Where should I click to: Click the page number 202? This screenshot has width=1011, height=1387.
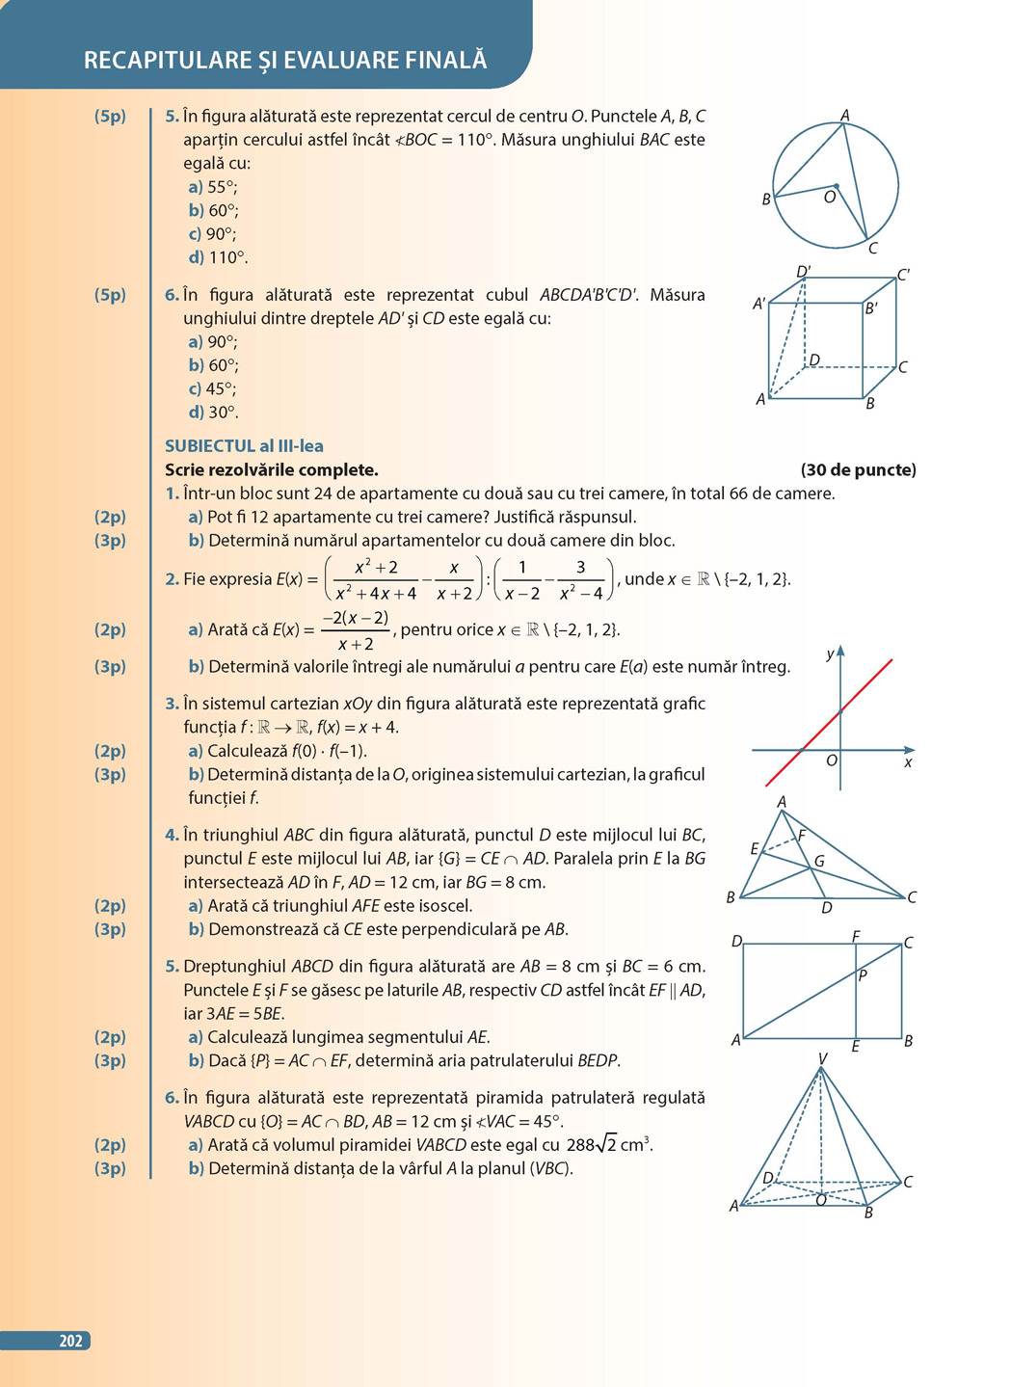(70, 1341)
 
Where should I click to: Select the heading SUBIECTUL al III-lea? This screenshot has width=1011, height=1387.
(244, 446)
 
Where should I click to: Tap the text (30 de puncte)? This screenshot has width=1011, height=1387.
(858, 470)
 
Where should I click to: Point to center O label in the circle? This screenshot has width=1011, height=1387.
(829, 198)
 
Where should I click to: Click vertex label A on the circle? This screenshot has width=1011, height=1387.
(845, 116)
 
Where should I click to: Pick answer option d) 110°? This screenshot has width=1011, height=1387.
(218, 257)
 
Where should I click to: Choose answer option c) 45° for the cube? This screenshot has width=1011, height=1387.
(213, 388)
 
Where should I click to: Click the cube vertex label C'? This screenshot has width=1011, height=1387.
(903, 275)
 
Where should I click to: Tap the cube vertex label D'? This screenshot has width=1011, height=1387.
(804, 271)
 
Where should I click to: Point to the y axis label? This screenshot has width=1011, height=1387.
(830, 654)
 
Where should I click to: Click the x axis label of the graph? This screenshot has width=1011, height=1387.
(908, 762)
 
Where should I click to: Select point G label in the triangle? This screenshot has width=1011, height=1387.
(819, 861)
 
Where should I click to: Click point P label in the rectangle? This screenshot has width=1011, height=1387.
(863, 975)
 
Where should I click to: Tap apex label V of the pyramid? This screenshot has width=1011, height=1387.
(822, 1058)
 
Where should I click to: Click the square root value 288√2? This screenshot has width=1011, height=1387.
(593, 1145)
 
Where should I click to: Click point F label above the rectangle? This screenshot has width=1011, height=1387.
(856, 936)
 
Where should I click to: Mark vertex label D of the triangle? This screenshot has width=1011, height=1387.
(826, 908)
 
